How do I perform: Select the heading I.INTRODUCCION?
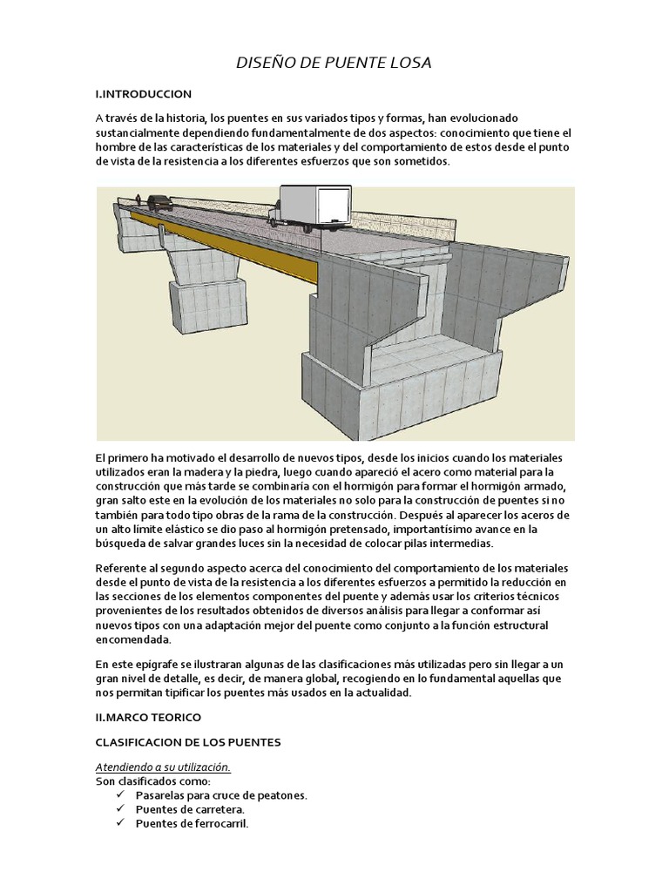(144, 94)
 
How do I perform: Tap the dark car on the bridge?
(159, 202)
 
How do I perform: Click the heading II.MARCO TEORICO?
(148, 718)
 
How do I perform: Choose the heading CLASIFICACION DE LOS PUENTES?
(188, 743)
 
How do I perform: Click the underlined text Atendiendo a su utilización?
(163, 767)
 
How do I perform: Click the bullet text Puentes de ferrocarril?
(193, 824)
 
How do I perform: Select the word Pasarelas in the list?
(162, 795)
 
